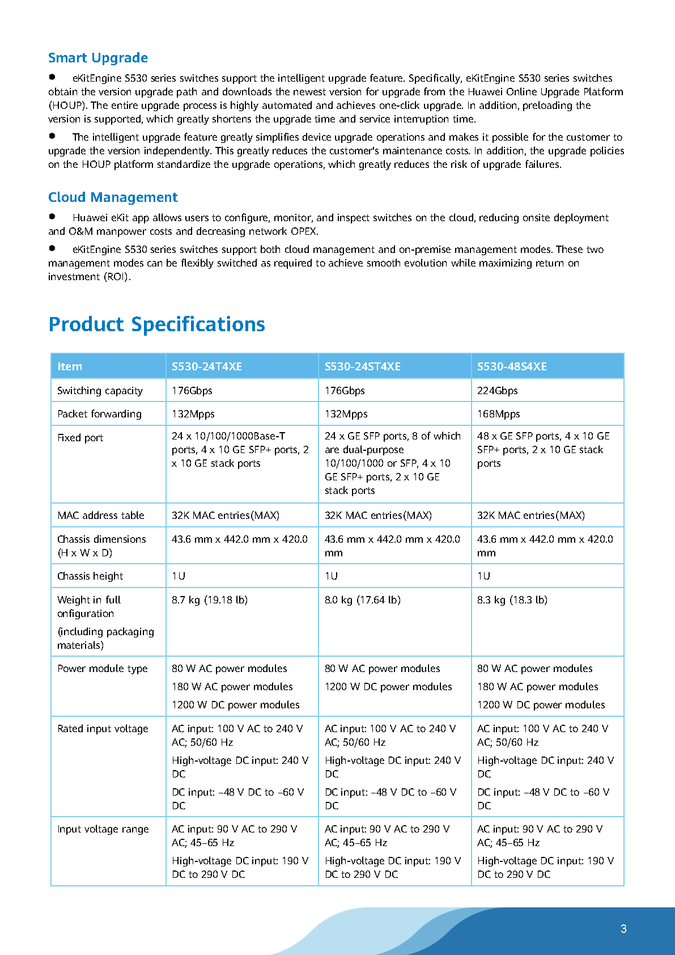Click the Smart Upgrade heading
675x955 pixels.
point(98,58)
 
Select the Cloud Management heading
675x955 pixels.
point(113,197)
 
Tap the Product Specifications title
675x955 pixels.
point(157,324)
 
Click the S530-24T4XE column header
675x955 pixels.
point(207,366)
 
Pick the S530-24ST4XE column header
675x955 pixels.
point(363,366)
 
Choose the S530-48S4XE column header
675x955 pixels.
point(512,366)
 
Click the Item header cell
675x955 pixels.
point(70,366)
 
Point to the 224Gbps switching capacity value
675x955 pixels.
point(498,391)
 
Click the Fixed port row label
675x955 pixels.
point(80,438)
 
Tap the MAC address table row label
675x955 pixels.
point(101,515)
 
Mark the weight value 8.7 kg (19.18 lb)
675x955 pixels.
point(210,600)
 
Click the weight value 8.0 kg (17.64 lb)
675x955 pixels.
point(363,600)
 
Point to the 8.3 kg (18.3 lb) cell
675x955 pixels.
point(512,600)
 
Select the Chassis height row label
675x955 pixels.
point(90,576)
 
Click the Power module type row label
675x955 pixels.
point(103,669)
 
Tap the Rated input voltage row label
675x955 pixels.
point(103,729)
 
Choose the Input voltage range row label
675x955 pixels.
point(103,829)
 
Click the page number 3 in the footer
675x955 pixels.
point(623,929)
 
